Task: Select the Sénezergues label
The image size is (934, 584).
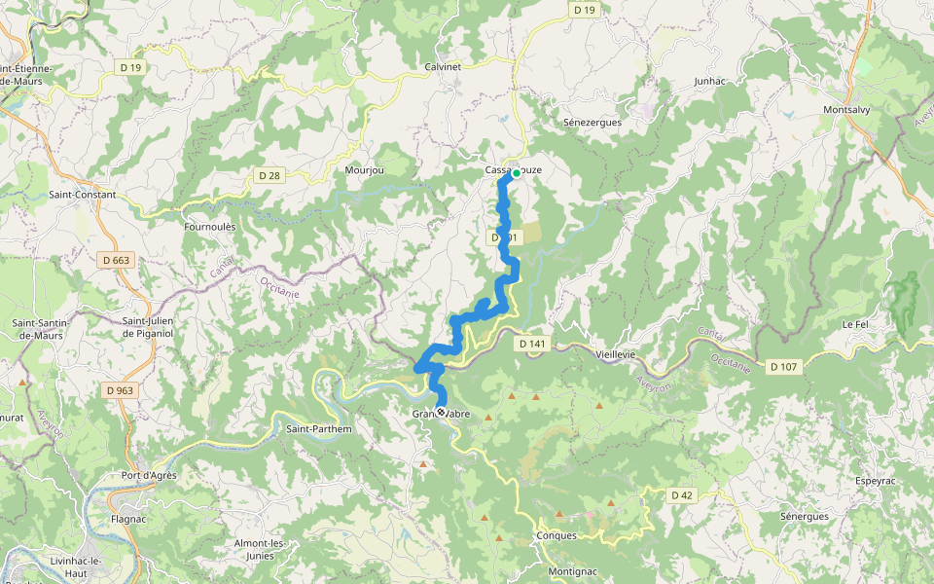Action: tap(593, 123)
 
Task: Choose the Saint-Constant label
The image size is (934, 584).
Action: tap(83, 195)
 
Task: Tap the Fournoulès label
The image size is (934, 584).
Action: tap(209, 227)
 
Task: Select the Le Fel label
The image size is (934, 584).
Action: tap(854, 323)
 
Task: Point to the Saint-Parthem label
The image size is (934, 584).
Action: tap(319, 428)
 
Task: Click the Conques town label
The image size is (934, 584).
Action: tap(557, 535)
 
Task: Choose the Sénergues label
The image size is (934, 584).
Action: tap(804, 516)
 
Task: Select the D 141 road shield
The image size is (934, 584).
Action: tap(532, 344)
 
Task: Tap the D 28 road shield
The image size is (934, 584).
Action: tap(269, 175)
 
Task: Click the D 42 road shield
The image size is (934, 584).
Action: tap(682, 495)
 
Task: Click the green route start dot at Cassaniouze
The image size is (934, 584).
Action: tap(516, 172)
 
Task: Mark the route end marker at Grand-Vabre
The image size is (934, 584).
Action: tap(441, 413)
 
